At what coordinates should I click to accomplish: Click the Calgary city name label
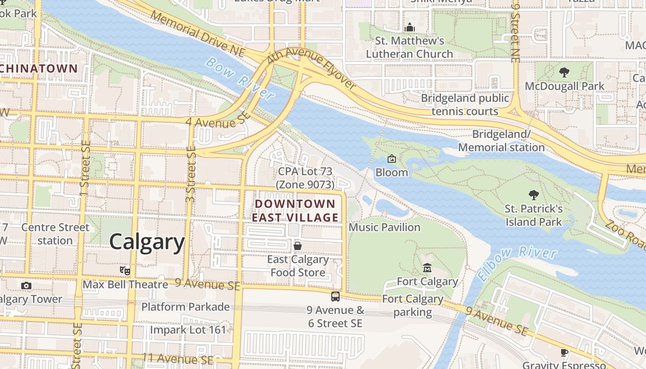(147, 242)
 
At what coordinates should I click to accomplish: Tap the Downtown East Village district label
(295, 211)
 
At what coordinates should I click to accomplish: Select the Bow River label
(239, 78)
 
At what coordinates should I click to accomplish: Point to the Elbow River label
(518, 262)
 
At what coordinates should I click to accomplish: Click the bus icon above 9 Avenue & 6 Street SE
(335, 297)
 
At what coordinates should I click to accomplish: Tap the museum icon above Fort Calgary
(427, 268)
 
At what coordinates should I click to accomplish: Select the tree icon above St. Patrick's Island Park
(534, 195)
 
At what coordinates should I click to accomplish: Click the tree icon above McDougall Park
(564, 72)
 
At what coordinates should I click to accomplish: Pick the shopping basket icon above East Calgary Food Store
(298, 246)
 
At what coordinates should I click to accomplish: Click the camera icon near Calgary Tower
(26, 286)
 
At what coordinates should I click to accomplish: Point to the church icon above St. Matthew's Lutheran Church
(409, 28)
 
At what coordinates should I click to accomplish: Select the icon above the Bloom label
(391, 159)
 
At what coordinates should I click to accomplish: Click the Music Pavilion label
(384, 227)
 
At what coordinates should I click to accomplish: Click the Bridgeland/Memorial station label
(501, 141)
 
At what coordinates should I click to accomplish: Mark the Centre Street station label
(55, 234)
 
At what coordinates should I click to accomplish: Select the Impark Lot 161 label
(188, 330)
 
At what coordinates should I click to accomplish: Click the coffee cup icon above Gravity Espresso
(564, 353)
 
